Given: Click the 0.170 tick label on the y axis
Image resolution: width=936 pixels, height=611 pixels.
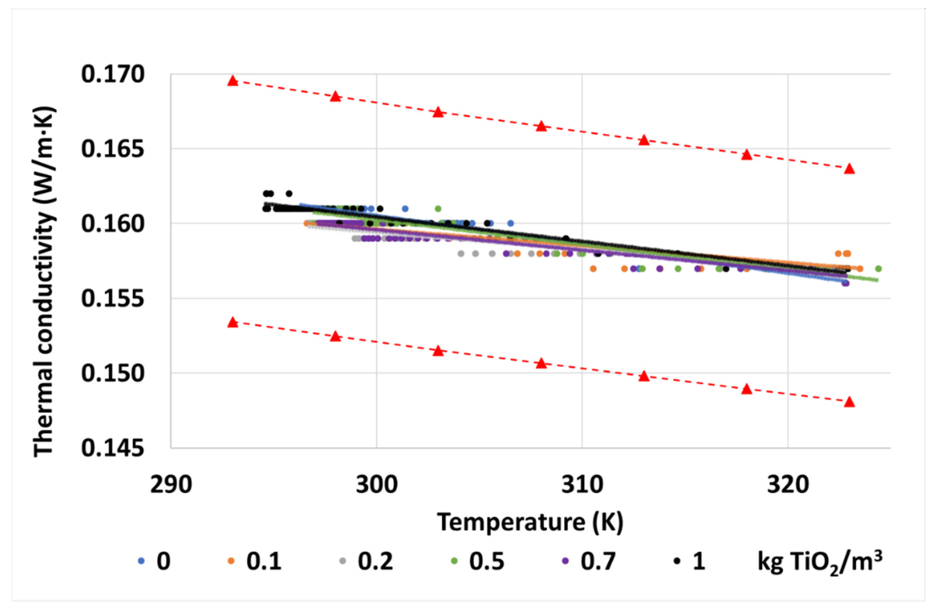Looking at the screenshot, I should click(113, 75).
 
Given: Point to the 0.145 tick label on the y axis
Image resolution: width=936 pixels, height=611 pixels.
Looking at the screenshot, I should click(113, 449).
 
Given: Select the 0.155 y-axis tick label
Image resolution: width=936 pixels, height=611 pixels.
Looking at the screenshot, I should click(113, 299).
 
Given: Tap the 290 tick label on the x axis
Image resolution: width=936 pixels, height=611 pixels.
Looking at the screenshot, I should click(171, 485).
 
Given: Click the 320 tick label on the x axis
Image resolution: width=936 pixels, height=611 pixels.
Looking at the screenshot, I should click(788, 485).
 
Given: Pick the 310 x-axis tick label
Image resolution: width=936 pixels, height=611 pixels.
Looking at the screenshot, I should click(582, 485).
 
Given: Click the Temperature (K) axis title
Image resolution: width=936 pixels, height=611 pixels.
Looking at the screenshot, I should click(530, 522).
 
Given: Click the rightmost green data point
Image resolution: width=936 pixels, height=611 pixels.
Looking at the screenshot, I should click(878, 269).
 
